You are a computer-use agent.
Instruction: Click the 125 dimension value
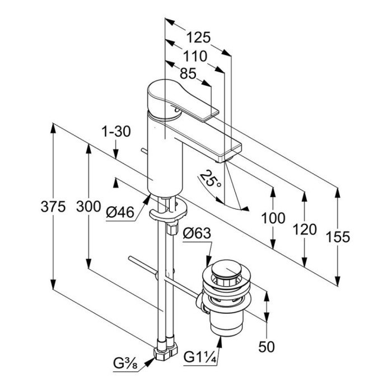click(198, 38)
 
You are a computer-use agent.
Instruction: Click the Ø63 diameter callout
click(195, 234)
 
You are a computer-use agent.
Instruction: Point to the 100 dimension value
click(273, 219)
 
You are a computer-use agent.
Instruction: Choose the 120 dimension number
click(304, 230)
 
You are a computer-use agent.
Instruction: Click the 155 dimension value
click(337, 237)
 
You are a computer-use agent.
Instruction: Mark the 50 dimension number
click(268, 348)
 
